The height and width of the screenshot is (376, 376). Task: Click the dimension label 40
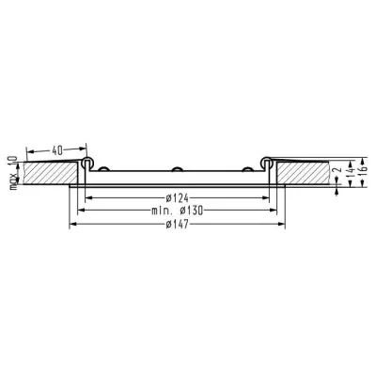(57, 151)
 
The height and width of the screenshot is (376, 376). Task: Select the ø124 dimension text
(178, 198)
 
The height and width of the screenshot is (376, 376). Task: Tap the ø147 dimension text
(178, 224)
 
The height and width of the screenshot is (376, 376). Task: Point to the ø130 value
(192, 211)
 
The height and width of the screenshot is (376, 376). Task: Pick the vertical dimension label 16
(363, 172)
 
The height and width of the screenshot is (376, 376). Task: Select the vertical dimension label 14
(351, 173)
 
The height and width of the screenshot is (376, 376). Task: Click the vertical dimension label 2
(337, 170)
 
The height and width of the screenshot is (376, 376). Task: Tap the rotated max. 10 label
(13, 173)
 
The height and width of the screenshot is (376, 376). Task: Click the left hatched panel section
(50, 173)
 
